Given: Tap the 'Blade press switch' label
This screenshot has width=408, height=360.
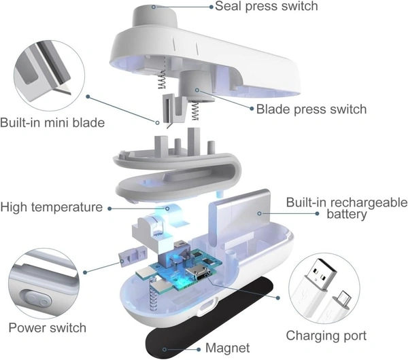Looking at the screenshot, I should click(311, 109).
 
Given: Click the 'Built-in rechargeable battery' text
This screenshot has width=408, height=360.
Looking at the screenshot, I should click(345, 208).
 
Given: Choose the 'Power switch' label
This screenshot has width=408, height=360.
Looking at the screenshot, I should click(48, 328).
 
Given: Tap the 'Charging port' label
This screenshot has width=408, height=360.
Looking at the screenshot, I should click(326, 336).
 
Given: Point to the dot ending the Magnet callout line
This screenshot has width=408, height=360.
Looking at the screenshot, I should click(165, 348).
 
